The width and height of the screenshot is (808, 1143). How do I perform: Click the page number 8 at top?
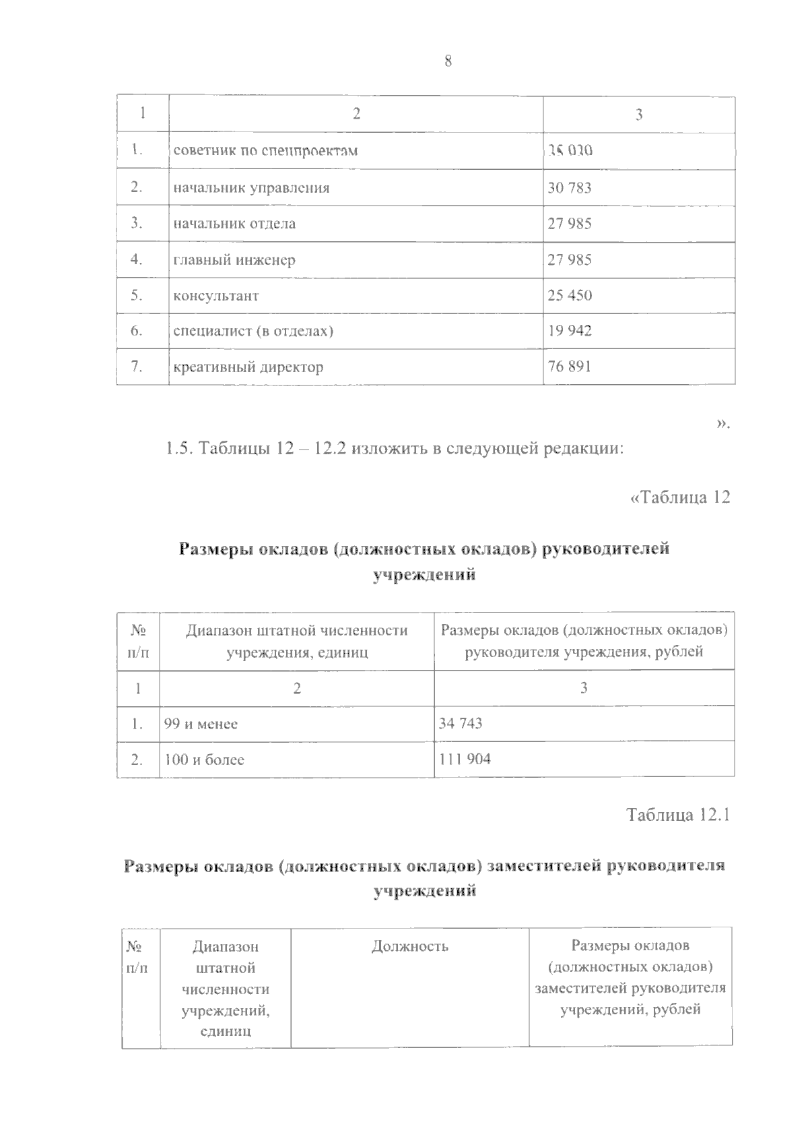[x=448, y=62]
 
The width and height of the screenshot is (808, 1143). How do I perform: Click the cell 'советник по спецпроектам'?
[x=265, y=151]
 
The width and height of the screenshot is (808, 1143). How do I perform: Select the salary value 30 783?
[x=570, y=188]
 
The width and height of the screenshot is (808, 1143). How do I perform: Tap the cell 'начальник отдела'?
[x=234, y=224]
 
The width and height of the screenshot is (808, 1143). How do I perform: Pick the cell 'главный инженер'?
[x=234, y=260]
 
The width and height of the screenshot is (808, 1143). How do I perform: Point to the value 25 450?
[x=570, y=296]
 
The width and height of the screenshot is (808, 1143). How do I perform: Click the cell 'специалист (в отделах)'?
[x=254, y=332]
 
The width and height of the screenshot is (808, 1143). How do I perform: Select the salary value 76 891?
[x=570, y=367]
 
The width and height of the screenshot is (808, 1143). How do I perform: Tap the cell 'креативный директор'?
[x=248, y=367]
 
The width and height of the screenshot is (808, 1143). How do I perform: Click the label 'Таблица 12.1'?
[x=678, y=815]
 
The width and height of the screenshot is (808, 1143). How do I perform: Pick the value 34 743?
[x=461, y=724]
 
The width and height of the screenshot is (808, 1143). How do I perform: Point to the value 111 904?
[x=465, y=760]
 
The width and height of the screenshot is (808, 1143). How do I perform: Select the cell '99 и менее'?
[x=201, y=724]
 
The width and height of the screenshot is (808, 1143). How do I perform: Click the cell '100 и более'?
[x=204, y=760]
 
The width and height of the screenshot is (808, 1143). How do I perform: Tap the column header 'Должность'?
[x=409, y=946]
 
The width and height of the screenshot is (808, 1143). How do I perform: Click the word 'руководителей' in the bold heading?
[x=605, y=549]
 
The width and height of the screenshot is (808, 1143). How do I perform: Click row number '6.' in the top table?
[x=137, y=332]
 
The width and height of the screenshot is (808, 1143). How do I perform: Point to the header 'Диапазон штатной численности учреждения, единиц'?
[x=296, y=641]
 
